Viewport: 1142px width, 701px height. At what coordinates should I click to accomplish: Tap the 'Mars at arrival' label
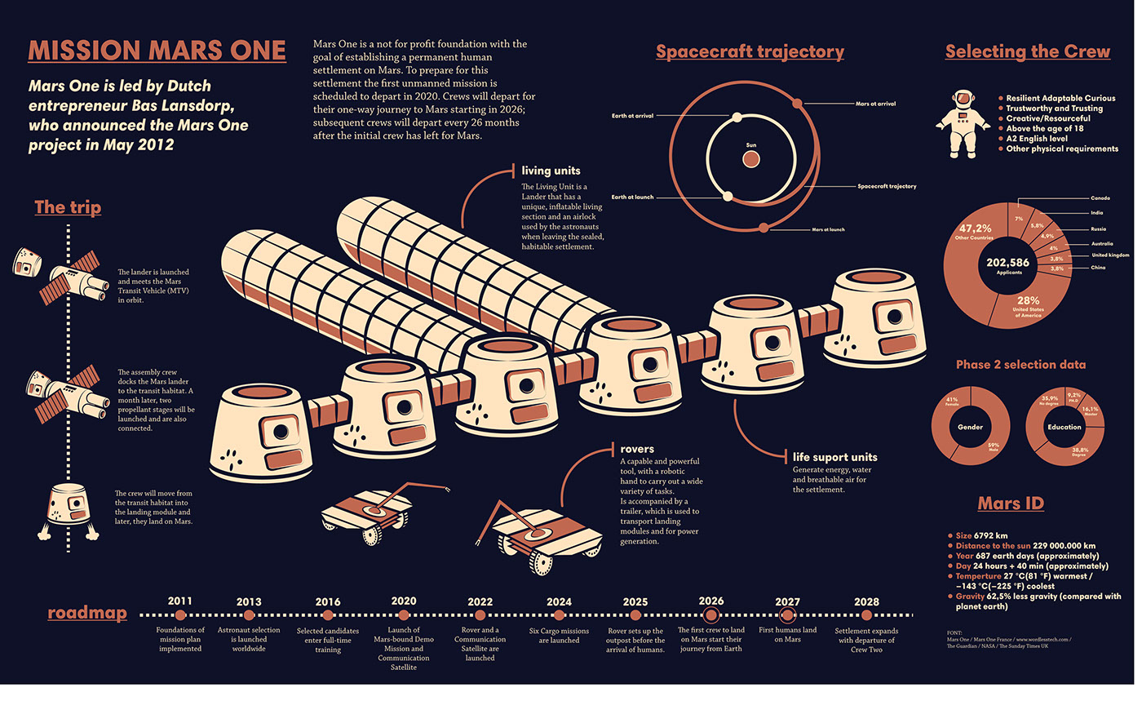click(x=875, y=104)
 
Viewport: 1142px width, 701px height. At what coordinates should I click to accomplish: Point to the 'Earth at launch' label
click(x=632, y=197)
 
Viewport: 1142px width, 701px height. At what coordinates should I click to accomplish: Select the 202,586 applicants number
click(x=1007, y=264)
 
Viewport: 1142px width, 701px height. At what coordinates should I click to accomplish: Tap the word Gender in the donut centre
click(x=969, y=427)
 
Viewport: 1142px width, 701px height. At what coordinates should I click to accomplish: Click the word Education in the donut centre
click(x=1065, y=427)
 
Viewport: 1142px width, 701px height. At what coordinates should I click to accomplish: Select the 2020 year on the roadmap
click(x=404, y=601)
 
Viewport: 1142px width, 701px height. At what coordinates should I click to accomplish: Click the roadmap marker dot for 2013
click(x=249, y=615)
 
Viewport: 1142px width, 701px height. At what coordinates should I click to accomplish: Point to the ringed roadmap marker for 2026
click(x=710, y=615)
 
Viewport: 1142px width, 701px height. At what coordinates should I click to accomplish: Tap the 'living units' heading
click(x=551, y=171)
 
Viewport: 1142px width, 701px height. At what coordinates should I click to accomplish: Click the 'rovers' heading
click(x=637, y=448)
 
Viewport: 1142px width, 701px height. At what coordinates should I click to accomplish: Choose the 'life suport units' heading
click(x=834, y=457)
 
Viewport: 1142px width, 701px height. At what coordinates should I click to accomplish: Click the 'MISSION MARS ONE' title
click(x=157, y=51)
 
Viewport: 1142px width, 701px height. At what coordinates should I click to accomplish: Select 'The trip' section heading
click(x=68, y=207)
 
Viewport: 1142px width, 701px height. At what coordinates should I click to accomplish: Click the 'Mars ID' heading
click(x=1011, y=503)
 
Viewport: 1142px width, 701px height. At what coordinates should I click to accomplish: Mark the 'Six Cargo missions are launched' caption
click(x=559, y=635)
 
